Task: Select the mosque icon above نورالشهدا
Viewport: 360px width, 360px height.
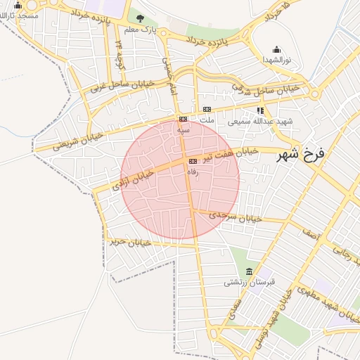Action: pyautogui.click(x=276, y=50)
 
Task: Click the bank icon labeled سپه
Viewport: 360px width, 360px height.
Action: pyautogui.click(x=183, y=119)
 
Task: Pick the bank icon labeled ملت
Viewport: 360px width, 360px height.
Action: pyautogui.click(x=207, y=109)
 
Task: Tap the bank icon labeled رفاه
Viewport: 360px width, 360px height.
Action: pyautogui.click(x=193, y=161)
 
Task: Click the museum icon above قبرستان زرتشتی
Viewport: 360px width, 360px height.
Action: pyautogui.click(x=249, y=272)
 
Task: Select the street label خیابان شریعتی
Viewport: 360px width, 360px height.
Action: pyautogui.click(x=77, y=138)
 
